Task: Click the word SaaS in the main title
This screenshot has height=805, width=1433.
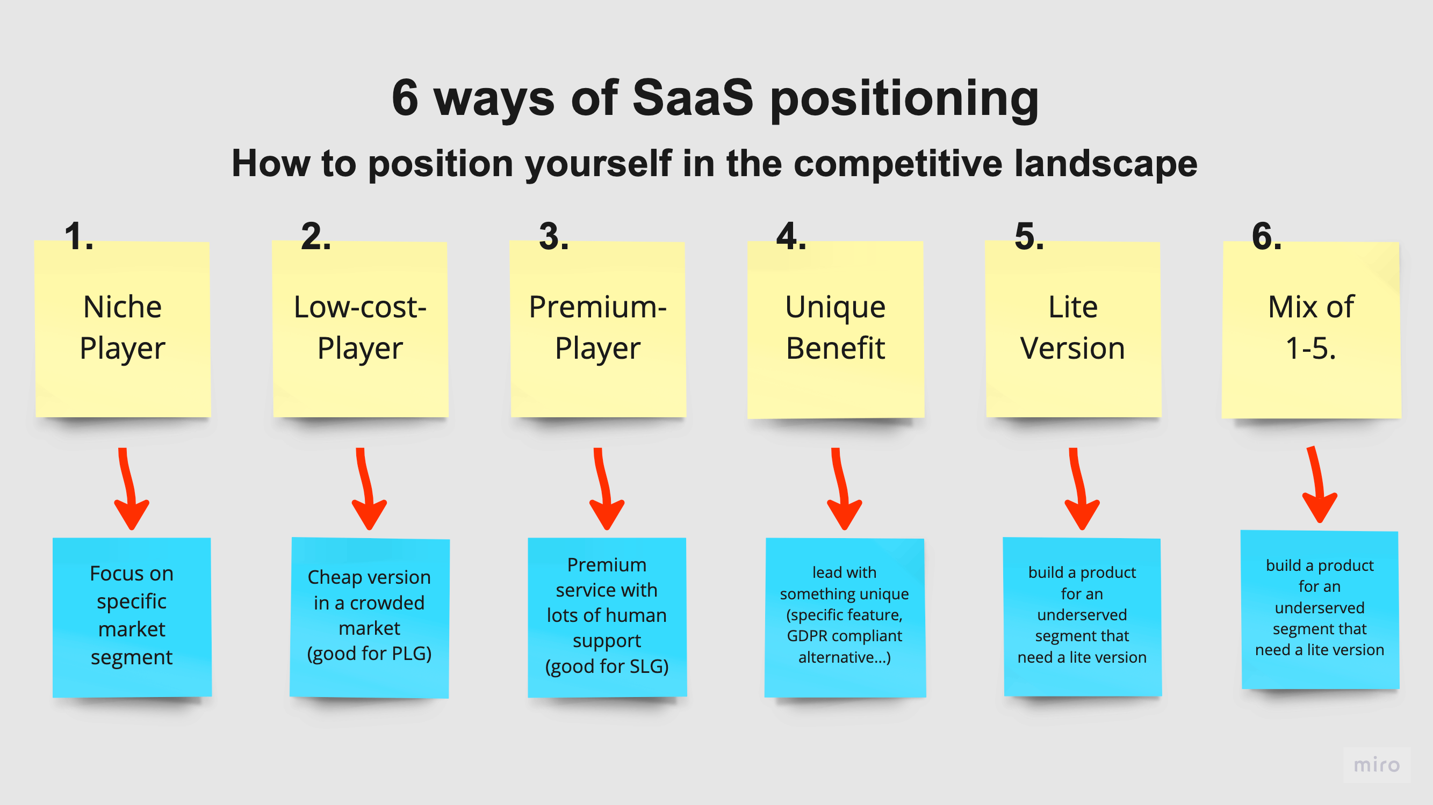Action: [693, 98]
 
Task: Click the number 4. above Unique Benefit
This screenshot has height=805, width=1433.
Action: [790, 236]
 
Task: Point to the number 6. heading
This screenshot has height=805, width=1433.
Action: [1266, 236]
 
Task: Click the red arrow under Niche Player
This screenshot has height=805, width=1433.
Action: [131, 489]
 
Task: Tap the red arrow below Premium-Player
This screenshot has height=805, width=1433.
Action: [606, 489]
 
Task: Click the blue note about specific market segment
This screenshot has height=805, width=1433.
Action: [132, 616]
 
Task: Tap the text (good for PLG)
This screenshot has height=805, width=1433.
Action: [369, 653]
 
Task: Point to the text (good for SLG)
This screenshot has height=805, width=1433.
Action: [607, 666]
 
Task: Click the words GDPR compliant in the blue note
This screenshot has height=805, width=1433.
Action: [844, 636]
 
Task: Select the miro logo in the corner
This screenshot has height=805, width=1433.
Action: [1376, 765]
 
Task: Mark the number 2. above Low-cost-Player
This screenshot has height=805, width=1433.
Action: [315, 236]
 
